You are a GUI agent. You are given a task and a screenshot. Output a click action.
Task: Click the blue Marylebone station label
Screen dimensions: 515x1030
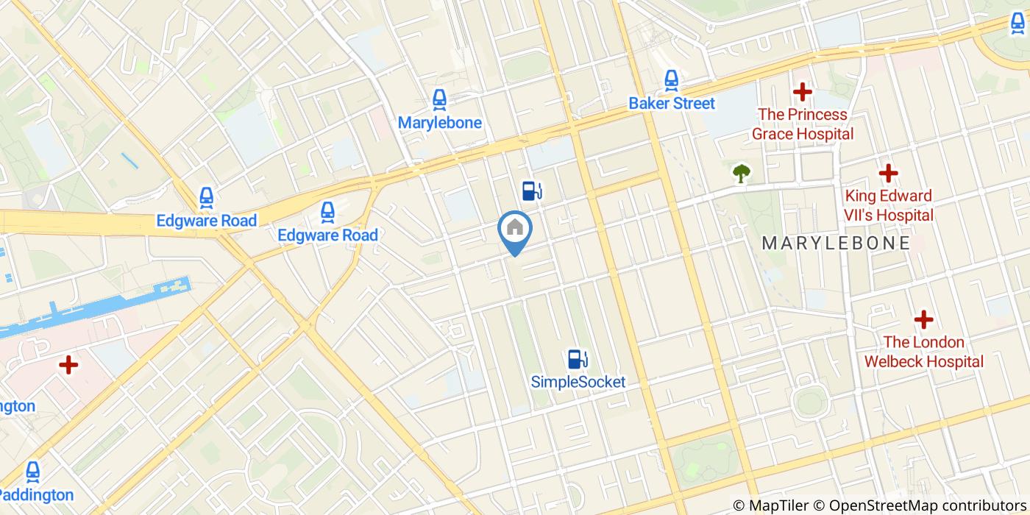pyautogui.click(x=440, y=122)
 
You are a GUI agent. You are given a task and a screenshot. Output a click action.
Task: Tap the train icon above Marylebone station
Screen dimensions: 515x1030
pyautogui.click(x=440, y=99)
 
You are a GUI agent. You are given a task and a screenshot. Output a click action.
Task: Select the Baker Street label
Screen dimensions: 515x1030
pyautogui.click(x=671, y=103)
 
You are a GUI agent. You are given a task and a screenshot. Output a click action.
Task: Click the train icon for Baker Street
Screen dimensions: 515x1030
pyautogui.click(x=671, y=79)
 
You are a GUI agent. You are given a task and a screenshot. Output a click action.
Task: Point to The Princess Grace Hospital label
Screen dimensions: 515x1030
pyautogui.click(x=802, y=124)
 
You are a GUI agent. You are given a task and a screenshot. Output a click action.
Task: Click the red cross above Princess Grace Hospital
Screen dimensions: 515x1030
pyautogui.click(x=802, y=93)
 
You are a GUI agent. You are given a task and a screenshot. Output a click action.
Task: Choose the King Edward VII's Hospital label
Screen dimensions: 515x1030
pyautogui.click(x=889, y=205)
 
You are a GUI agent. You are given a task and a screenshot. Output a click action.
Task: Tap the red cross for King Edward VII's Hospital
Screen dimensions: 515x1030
pyautogui.click(x=889, y=174)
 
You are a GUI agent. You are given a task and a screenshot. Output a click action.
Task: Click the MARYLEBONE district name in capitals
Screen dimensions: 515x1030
pyautogui.click(x=836, y=243)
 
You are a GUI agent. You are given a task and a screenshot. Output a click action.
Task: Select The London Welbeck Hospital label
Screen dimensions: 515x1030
pyautogui.click(x=923, y=352)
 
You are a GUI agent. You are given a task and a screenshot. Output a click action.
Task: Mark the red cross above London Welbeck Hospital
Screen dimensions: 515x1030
pyautogui.click(x=923, y=320)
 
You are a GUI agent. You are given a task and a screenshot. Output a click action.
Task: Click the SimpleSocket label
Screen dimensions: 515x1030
pyautogui.click(x=578, y=382)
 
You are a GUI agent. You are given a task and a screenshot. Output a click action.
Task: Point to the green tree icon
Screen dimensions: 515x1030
pyautogui.click(x=742, y=174)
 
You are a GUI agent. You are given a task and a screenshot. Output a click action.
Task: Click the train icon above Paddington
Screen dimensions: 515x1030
pyautogui.click(x=33, y=472)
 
